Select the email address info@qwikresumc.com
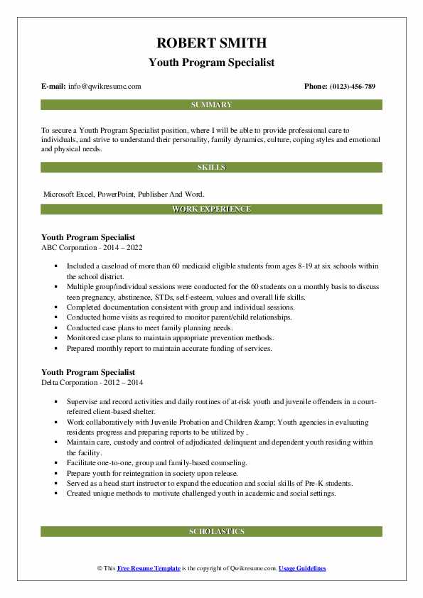pos(105,87)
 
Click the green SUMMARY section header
pos(210,105)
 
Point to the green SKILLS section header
pos(210,168)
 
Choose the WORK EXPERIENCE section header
pos(210,209)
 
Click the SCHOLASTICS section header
pos(210,531)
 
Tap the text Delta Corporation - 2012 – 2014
pos(92,381)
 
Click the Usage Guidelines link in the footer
pos(302,568)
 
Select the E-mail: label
pos(54,87)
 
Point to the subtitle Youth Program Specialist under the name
pos(210,62)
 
